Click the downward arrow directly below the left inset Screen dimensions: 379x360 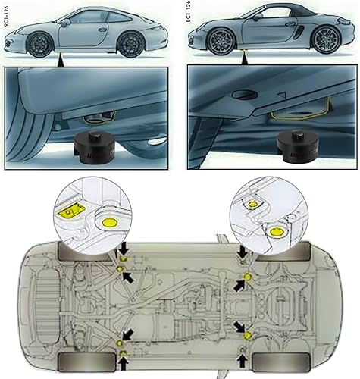click(121, 251)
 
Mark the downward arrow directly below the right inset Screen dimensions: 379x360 click(241, 251)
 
